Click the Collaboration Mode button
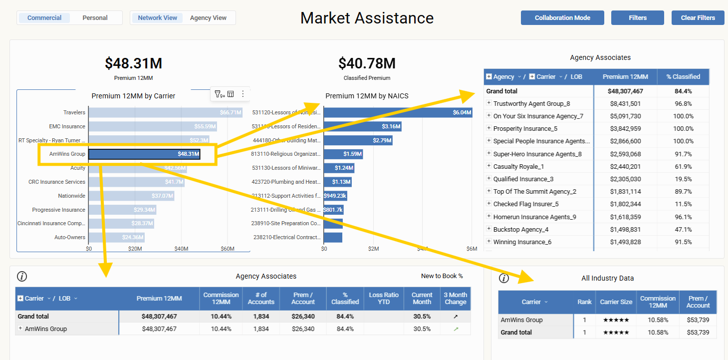pyautogui.click(x=562, y=18)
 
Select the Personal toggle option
pyautogui.click(x=95, y=18)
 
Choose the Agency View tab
pyautogui.click(x=208, y=18)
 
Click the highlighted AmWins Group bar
pyautogui.click(x=145, y=154)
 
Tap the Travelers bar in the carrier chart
pyautogui.click(x=165, y=113)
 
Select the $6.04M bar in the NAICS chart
pyautogui.click(x=398, y=113)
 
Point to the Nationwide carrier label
pyautogui.click(x=71, y=196)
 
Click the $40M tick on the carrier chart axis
pyautogui.click(x=181, y=249)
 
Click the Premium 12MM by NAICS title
pyautogui.click(x=367, y=96)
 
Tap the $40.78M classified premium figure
pyautogui.click(x=367, y=63)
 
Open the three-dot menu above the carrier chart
pyautogui.click(x=243, y=94)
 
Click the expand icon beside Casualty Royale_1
pyautogui.click(x=489, y=166)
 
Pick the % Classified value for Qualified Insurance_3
pyautogui.click(x=683, y=179)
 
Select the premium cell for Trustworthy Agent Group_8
pyautogui.click(x=625, y=104)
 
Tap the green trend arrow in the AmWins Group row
pyautogui.click(x=456, y=329)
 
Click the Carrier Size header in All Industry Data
pyautogui.click(x=616, y=302)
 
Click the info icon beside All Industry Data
pyautogui.click(x=504, y=278)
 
